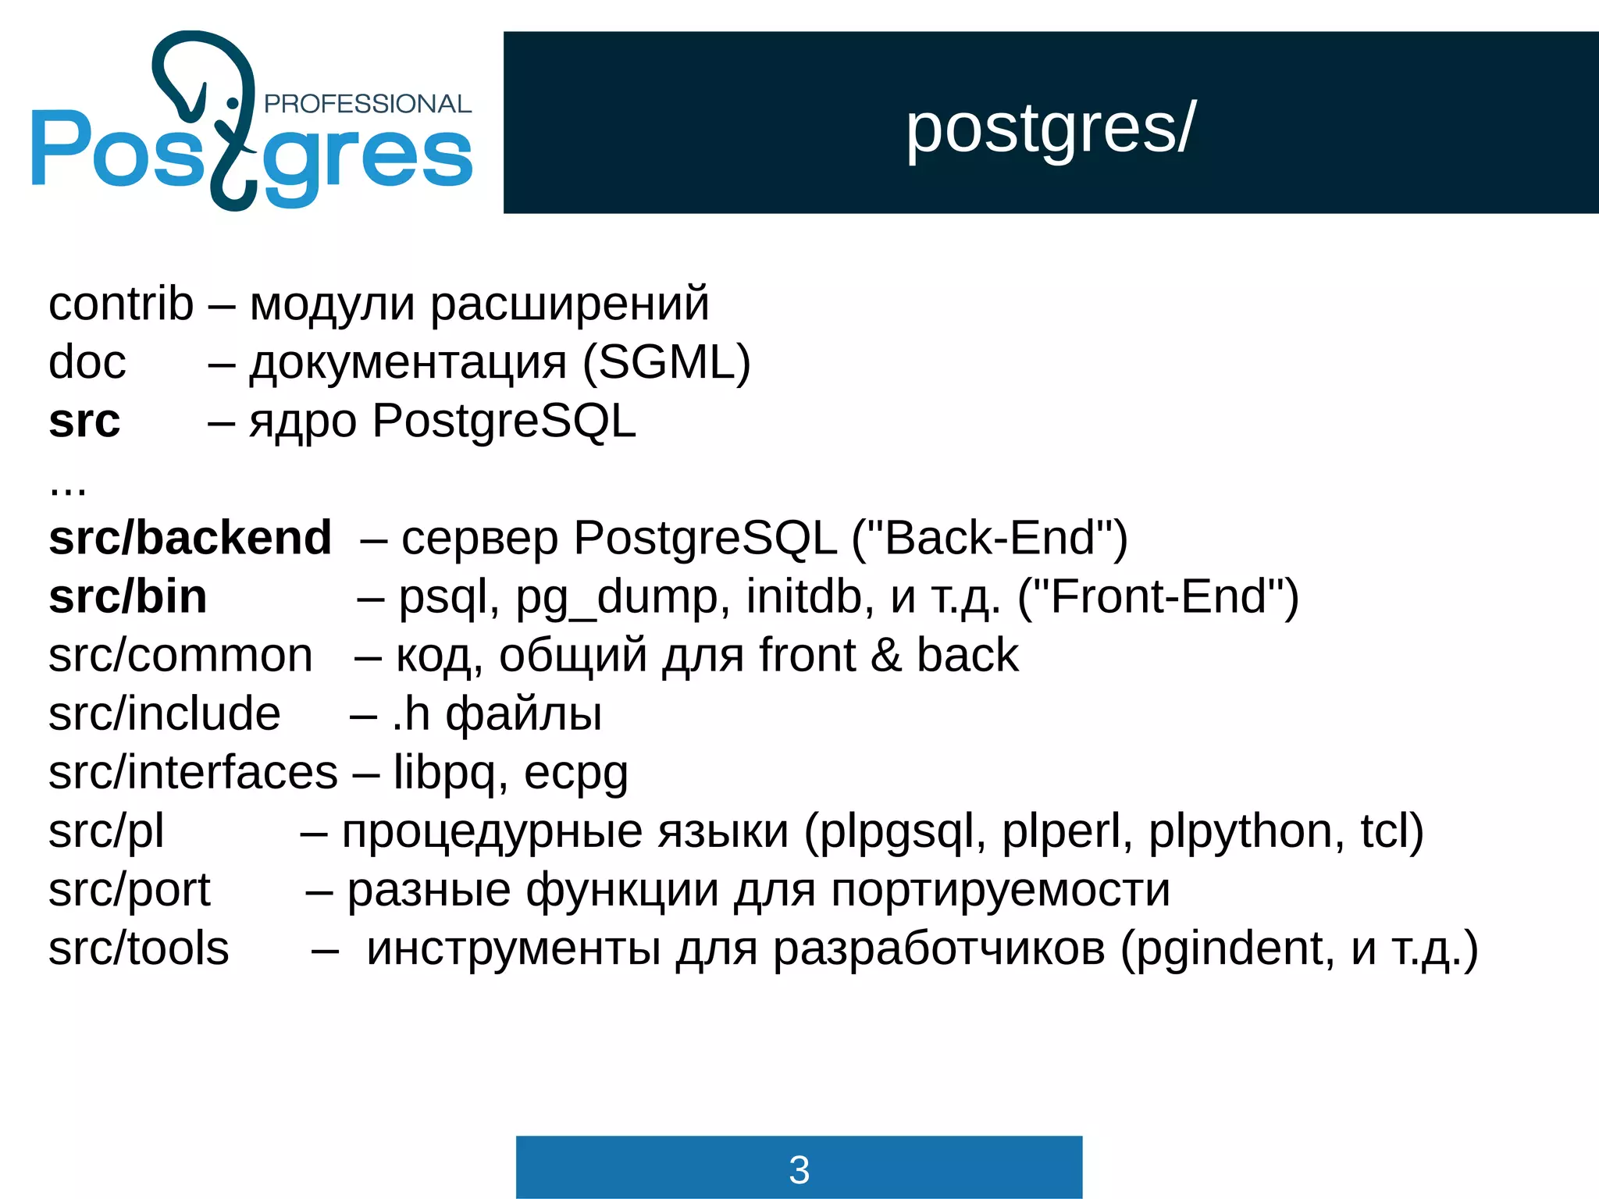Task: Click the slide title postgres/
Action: pyautogui.click(x=1050, y=129)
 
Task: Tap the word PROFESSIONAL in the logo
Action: pyautogui.click(x=368, y=104)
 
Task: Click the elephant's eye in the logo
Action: pyautogui.click(x=232, y=103)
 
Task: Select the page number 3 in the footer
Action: pyautogui.click(x=799, y=1169)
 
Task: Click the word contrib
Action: pyautogui.click(x=121, y=304)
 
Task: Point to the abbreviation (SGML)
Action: pyautogui.click(x=667, y=362)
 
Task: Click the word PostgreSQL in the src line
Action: pyautogui.click(x=504, y=422)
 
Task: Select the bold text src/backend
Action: pyautogui.click(x=190, y=538)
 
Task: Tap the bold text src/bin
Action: pyautogui.click(x=128, y=597)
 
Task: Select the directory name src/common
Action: pyautogui.click(x=180, y=656)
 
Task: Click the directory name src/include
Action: pyautogui.click(x=165, y=714)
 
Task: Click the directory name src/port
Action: pyautogui.click(x=130, y=890)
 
